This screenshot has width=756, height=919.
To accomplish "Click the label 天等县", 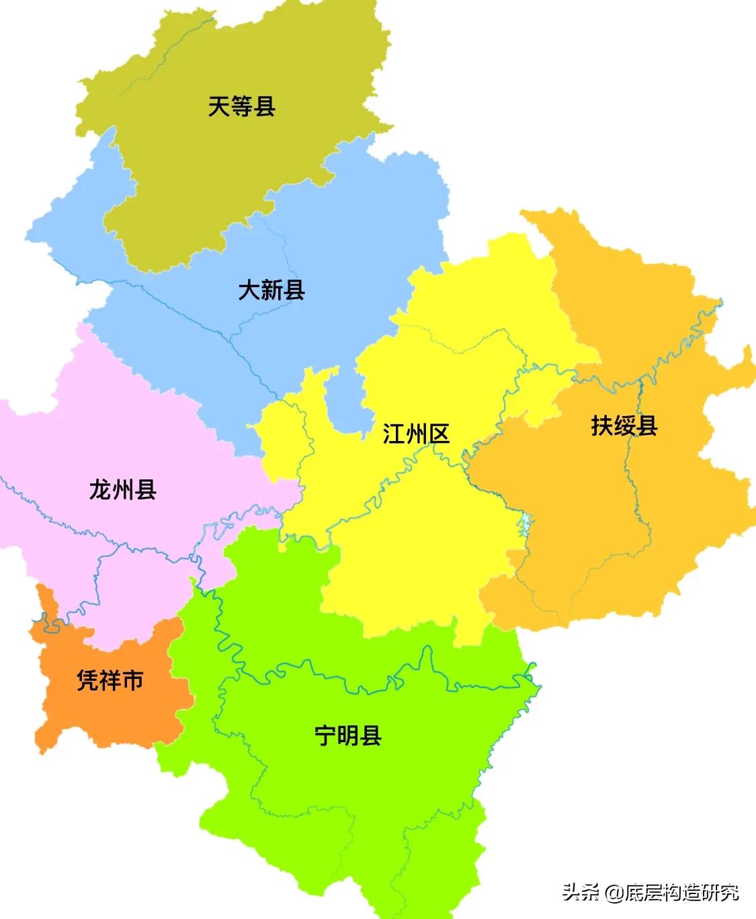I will [242, 106].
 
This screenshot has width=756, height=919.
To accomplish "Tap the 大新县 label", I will [271, 290].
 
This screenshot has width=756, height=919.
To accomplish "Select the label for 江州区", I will [416, 434].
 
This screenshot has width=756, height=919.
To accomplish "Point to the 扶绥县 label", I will [624, 425].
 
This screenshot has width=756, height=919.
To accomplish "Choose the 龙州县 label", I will [123, 489].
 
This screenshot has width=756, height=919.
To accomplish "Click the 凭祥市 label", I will [110, 680].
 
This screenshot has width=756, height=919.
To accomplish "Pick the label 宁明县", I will [348, 735].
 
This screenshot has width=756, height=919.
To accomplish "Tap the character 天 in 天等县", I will [220, 106].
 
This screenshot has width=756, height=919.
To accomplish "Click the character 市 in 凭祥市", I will [132, 680].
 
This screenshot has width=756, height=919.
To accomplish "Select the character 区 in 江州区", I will [439, 434].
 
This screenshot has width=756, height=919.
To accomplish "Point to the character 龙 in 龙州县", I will [101, 489].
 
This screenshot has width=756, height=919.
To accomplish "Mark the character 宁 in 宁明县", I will [326, 735].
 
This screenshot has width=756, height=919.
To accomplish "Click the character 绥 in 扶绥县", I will [624, 425].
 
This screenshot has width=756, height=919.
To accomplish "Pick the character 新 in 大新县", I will [271, 290].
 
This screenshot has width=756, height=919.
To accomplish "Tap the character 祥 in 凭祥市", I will [110, 680].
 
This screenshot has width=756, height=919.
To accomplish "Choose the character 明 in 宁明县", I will [348, 735].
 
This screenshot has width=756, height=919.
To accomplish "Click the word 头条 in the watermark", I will [581, 892].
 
